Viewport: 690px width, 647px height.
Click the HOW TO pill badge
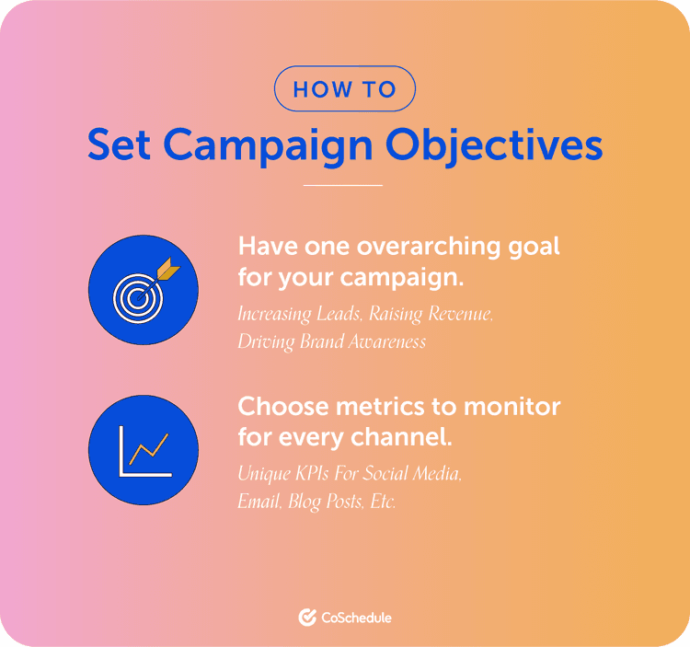click(x=345, y=89)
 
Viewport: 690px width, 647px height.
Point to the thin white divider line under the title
click(x=342, y=186)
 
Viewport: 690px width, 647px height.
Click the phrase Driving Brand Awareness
click(x=332, y=342)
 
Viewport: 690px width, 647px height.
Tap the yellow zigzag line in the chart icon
click(x=149, y=449)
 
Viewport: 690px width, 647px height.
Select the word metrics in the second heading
click(x=386, y=406)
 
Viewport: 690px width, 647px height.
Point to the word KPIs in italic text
click(x=319, y=475)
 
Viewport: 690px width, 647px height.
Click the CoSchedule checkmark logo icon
click(x=307, y=618)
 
